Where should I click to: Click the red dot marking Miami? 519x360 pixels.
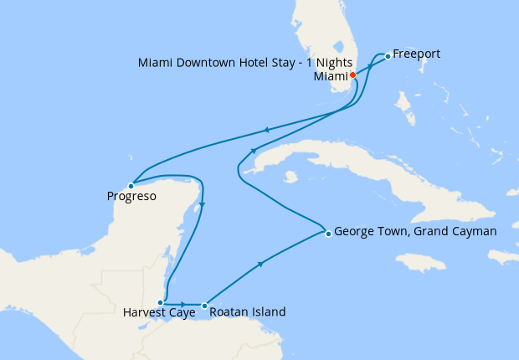coord(352,75)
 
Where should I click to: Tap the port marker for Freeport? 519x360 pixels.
coord(388,56)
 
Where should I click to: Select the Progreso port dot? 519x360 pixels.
coord(131,186)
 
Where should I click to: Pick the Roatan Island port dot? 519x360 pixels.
coord(204,305)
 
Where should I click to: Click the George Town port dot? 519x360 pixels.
coord(328,234)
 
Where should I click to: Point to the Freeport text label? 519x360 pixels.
coord(416,54)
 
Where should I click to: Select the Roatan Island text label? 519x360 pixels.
coord(248,312)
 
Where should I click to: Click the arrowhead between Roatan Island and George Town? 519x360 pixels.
coord(264,265)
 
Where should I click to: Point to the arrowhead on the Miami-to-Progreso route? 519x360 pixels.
coord(265,130)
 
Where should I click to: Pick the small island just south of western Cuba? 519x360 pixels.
coord(290,177)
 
